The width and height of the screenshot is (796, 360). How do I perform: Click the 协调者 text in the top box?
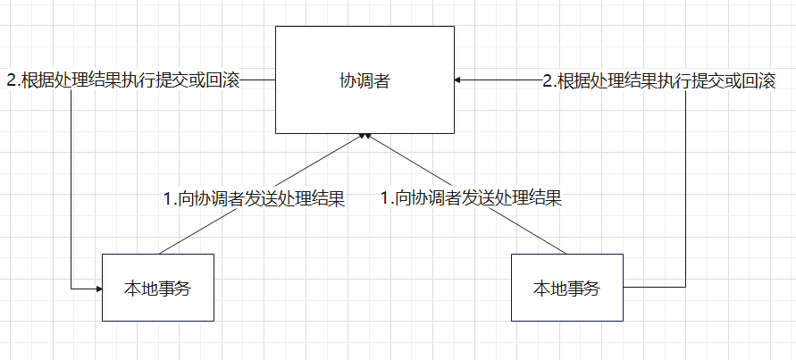click(364, 80)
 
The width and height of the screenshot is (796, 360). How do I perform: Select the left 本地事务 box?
click(158, 288)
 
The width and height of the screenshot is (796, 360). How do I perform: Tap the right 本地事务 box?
click(566, 288)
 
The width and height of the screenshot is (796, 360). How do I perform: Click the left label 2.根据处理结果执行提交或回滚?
click(123, 80)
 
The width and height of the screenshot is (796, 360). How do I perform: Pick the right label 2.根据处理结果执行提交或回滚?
click(659, 80)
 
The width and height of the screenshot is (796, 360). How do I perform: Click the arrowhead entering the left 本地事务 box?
click(97, 288)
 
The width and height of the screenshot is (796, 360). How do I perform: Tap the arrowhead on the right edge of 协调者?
click(458, 80)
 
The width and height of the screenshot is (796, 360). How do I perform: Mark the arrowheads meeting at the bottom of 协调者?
click(364, 136)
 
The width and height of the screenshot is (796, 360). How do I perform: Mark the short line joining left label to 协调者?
click(257, 80)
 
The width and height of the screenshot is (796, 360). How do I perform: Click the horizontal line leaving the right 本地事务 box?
click(654, 288)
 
